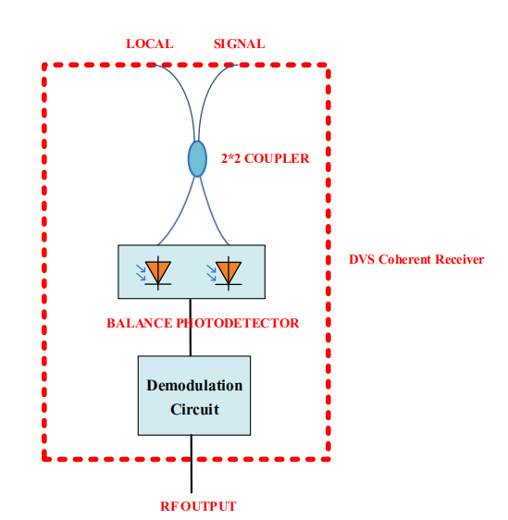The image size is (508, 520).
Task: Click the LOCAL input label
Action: tap(150, 43)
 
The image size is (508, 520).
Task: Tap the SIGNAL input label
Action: tap(239, 43)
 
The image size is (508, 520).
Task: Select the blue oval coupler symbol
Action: tap(197, 159)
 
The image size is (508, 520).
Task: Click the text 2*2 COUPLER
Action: tap(265, 158)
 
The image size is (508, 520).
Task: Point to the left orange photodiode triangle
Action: tap(158, 271)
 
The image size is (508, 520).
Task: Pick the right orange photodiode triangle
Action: tap(229, 271)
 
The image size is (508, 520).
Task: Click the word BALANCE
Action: tap(140, 323)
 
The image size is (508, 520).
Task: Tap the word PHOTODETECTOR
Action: tap(238, 323)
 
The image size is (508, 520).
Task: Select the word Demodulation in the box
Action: tap(194, 385)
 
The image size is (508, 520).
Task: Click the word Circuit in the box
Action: tap(194, 409)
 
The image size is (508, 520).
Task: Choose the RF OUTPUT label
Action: tap(198, 506)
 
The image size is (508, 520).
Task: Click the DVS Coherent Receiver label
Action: tap(416, 259)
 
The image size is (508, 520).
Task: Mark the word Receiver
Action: tap(460, 259)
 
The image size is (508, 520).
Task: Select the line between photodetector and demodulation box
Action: tap(191, 328)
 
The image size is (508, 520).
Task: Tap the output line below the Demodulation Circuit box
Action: tap(192, 464)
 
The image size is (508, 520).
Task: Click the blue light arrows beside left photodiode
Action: tap(141, 272)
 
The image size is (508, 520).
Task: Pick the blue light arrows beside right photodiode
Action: tap(211, 273)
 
